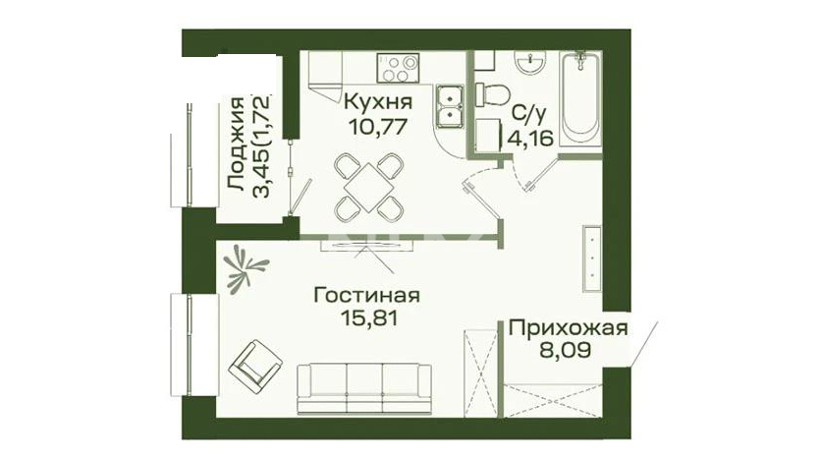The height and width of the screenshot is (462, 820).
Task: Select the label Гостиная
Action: click(366, 296)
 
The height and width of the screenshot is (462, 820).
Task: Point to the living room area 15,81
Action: click(368, 318)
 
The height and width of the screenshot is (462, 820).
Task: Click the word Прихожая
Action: click(568, 328)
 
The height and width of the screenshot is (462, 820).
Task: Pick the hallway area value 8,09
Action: click(566, 350)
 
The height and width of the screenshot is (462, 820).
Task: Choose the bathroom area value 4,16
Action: click(530, 139)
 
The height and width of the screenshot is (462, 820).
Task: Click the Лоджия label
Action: click(236, 144)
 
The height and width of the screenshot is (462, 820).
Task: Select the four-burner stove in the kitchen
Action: click(398, 68)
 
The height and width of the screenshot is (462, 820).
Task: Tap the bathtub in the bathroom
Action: click(579, 98)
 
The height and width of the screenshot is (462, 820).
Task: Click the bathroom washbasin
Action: click(529, 63)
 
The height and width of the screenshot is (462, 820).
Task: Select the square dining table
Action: click(368, 187)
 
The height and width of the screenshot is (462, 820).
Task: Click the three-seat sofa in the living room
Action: click(364, 389)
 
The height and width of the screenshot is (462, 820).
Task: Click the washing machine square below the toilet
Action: click(488, 136)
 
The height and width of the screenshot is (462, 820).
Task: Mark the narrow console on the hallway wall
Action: click(592, 259)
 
